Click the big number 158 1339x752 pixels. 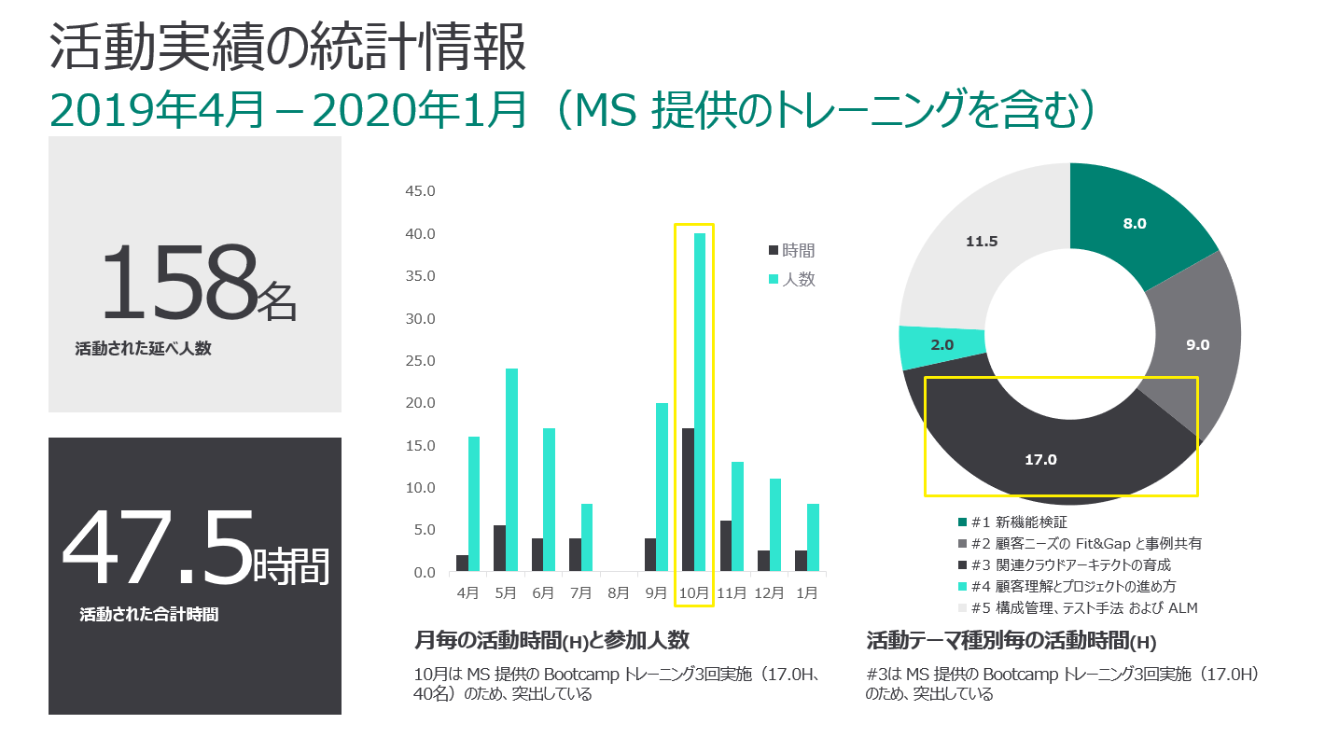pos(177,283)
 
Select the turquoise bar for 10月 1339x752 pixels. pos(700,401)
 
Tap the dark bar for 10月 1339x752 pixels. pos(688,499)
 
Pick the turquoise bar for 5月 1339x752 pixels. pos(511,469)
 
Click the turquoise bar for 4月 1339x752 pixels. pos(474,503)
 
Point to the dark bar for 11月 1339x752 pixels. pos(725,546)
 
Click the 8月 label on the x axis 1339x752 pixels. pos(619,592)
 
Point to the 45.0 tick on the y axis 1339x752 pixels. pos(419,191)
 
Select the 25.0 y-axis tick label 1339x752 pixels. pos(419,361)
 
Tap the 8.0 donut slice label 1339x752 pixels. pos(1135,223)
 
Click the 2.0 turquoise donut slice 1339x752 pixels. pos(941,344)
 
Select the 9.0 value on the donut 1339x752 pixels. pos(1197,344)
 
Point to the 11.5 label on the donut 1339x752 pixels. pos(982,241)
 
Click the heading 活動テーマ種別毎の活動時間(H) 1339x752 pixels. pos(1011,641)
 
